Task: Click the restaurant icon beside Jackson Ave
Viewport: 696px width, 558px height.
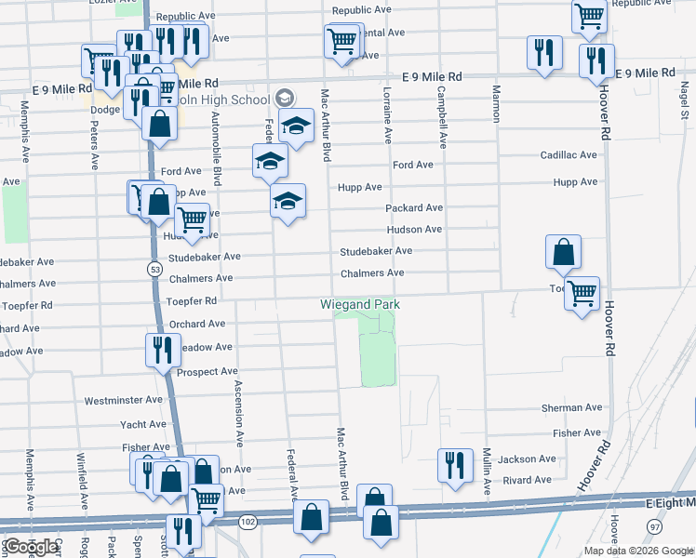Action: click(454, 465)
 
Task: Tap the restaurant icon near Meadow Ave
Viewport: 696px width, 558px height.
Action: click(163, 350)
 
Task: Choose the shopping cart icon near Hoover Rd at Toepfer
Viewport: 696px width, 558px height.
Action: click(582, 294)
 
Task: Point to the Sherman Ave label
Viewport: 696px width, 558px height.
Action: click(577, 408)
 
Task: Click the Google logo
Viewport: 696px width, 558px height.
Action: click(31, 547)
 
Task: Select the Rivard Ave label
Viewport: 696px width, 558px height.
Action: click(525, 481)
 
